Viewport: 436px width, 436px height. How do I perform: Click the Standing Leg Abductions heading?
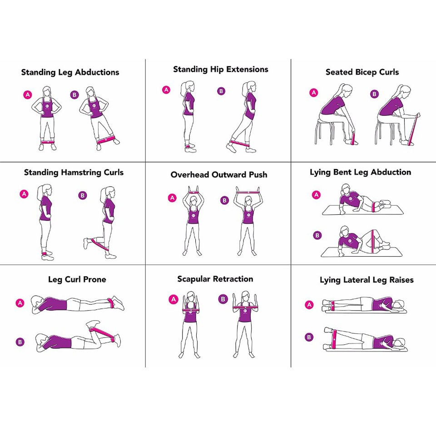pos(70,72)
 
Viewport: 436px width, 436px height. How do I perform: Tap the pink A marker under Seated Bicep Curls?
pos(313,93)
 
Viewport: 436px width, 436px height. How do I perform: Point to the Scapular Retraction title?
pos(215,279)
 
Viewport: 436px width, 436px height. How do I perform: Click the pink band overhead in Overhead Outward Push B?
pos(248,193)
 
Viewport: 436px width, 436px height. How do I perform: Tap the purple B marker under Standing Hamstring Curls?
pos(83,196)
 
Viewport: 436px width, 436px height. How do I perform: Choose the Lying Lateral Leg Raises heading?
pos(367,280)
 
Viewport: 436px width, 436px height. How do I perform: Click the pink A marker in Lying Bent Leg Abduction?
pos(317,195)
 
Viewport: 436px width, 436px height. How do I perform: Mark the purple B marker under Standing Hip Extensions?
pos(221,91)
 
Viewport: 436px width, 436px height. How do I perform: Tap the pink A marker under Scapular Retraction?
pos(173,299)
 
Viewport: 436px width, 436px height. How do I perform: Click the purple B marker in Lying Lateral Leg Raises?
pos(309,337)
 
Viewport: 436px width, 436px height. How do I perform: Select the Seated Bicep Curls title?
pos(362,72)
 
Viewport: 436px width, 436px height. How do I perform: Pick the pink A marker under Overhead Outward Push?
pos(172,198)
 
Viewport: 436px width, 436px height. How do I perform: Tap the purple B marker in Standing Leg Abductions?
pos(74,94)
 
